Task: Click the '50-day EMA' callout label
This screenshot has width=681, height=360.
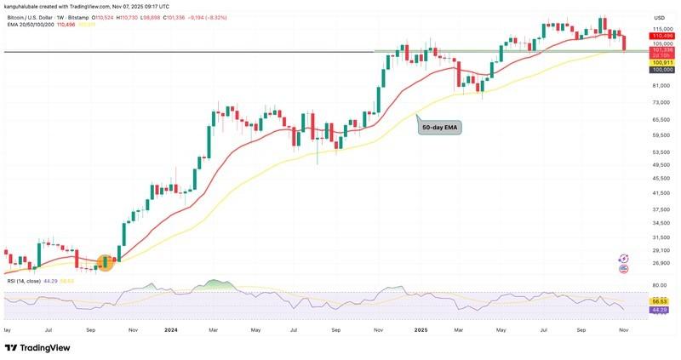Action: (x=439, y=128)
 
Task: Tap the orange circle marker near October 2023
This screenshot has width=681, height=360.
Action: (x=106, y=262)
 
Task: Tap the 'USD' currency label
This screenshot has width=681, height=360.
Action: (x=659, y=18)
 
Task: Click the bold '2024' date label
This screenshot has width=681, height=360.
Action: (x=169, y=329)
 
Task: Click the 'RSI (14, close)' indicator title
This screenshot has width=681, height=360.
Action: (x=24, y=280)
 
